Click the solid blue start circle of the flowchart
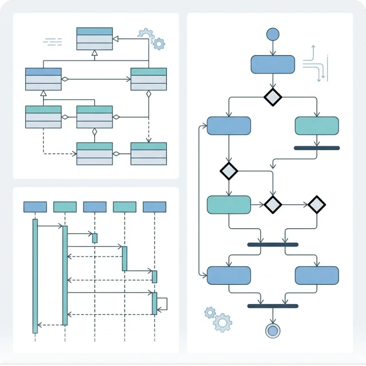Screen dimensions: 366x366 [272, 34]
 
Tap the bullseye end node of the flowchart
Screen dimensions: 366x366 [273, 330]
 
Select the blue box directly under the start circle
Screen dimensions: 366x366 [273, 65]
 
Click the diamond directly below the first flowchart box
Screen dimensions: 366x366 [273, 97]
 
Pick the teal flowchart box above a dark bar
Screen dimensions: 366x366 [317, 126]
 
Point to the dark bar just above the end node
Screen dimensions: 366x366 [273, 306]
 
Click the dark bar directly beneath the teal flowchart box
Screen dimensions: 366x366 [317, 148]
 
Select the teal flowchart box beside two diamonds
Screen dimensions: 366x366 [229, 205]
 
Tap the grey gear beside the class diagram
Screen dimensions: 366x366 [145, 34]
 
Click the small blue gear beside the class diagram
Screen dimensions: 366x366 [159, 44]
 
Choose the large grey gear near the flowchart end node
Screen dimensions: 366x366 [223, 323]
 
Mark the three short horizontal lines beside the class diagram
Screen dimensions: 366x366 [53, 42]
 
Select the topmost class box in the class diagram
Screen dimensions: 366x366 [94, 38]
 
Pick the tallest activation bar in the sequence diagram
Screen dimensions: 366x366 [35, 276]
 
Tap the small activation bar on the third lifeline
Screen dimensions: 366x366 [95, 238]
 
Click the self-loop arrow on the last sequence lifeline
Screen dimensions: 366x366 [162, 304]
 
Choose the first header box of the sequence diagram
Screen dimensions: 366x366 [35, 207]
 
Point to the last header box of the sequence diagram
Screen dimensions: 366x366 [154, 207]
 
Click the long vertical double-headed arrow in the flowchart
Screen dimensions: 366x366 [200, 200]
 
